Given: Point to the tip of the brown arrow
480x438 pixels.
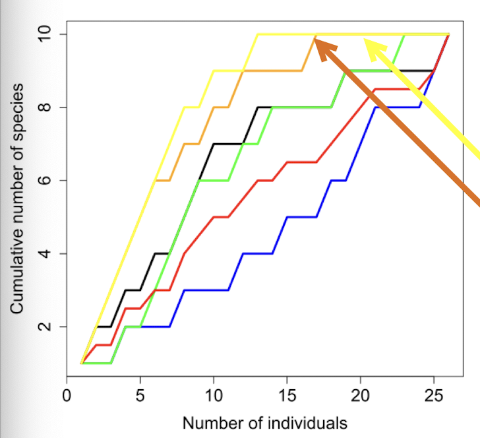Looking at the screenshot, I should coord(315,40).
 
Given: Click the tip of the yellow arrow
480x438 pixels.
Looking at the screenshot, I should coord(365,40).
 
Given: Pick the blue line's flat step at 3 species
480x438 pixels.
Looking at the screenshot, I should coord(206,290).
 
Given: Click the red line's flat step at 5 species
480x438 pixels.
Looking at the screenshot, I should coord(221,216).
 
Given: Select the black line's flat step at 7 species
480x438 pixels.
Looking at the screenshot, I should coord(228,143).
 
